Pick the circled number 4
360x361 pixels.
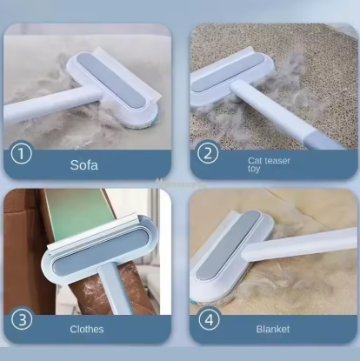[x=209, y=318]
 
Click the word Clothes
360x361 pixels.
[x=87, y=330]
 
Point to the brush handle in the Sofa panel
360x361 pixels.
[x=35, y=108]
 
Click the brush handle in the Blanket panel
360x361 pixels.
[x=304, y=244]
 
